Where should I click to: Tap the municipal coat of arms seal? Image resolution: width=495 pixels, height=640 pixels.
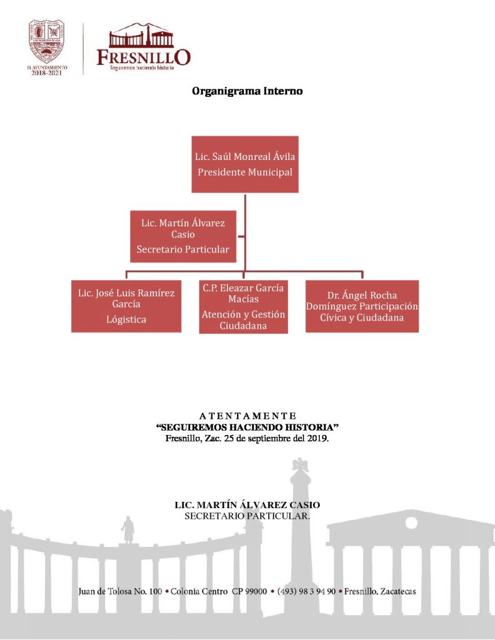coord(48,39)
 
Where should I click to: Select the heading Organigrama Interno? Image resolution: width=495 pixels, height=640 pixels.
coord(247,91)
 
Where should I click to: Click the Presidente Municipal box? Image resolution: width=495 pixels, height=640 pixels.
coord(245,164)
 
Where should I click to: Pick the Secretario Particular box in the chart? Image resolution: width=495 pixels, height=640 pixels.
coord(183,236)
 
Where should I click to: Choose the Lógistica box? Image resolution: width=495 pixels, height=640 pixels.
coord(126,306)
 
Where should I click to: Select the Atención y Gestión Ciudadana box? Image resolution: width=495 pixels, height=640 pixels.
coord(243,307)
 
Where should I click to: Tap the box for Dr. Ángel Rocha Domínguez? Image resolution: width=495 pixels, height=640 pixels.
coord(362,306)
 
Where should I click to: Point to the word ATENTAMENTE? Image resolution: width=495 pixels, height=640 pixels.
coord(247,416)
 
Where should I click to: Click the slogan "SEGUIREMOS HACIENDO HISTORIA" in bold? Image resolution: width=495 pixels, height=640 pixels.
coord(247,427)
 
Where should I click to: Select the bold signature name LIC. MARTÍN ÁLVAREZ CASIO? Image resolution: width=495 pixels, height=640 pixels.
coord(247,505)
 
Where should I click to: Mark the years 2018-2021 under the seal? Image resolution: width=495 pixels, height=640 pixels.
coord(48,72)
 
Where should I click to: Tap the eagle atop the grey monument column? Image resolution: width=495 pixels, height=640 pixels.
coord(302,464)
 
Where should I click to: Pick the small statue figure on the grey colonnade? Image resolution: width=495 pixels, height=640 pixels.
coord(128,529)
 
